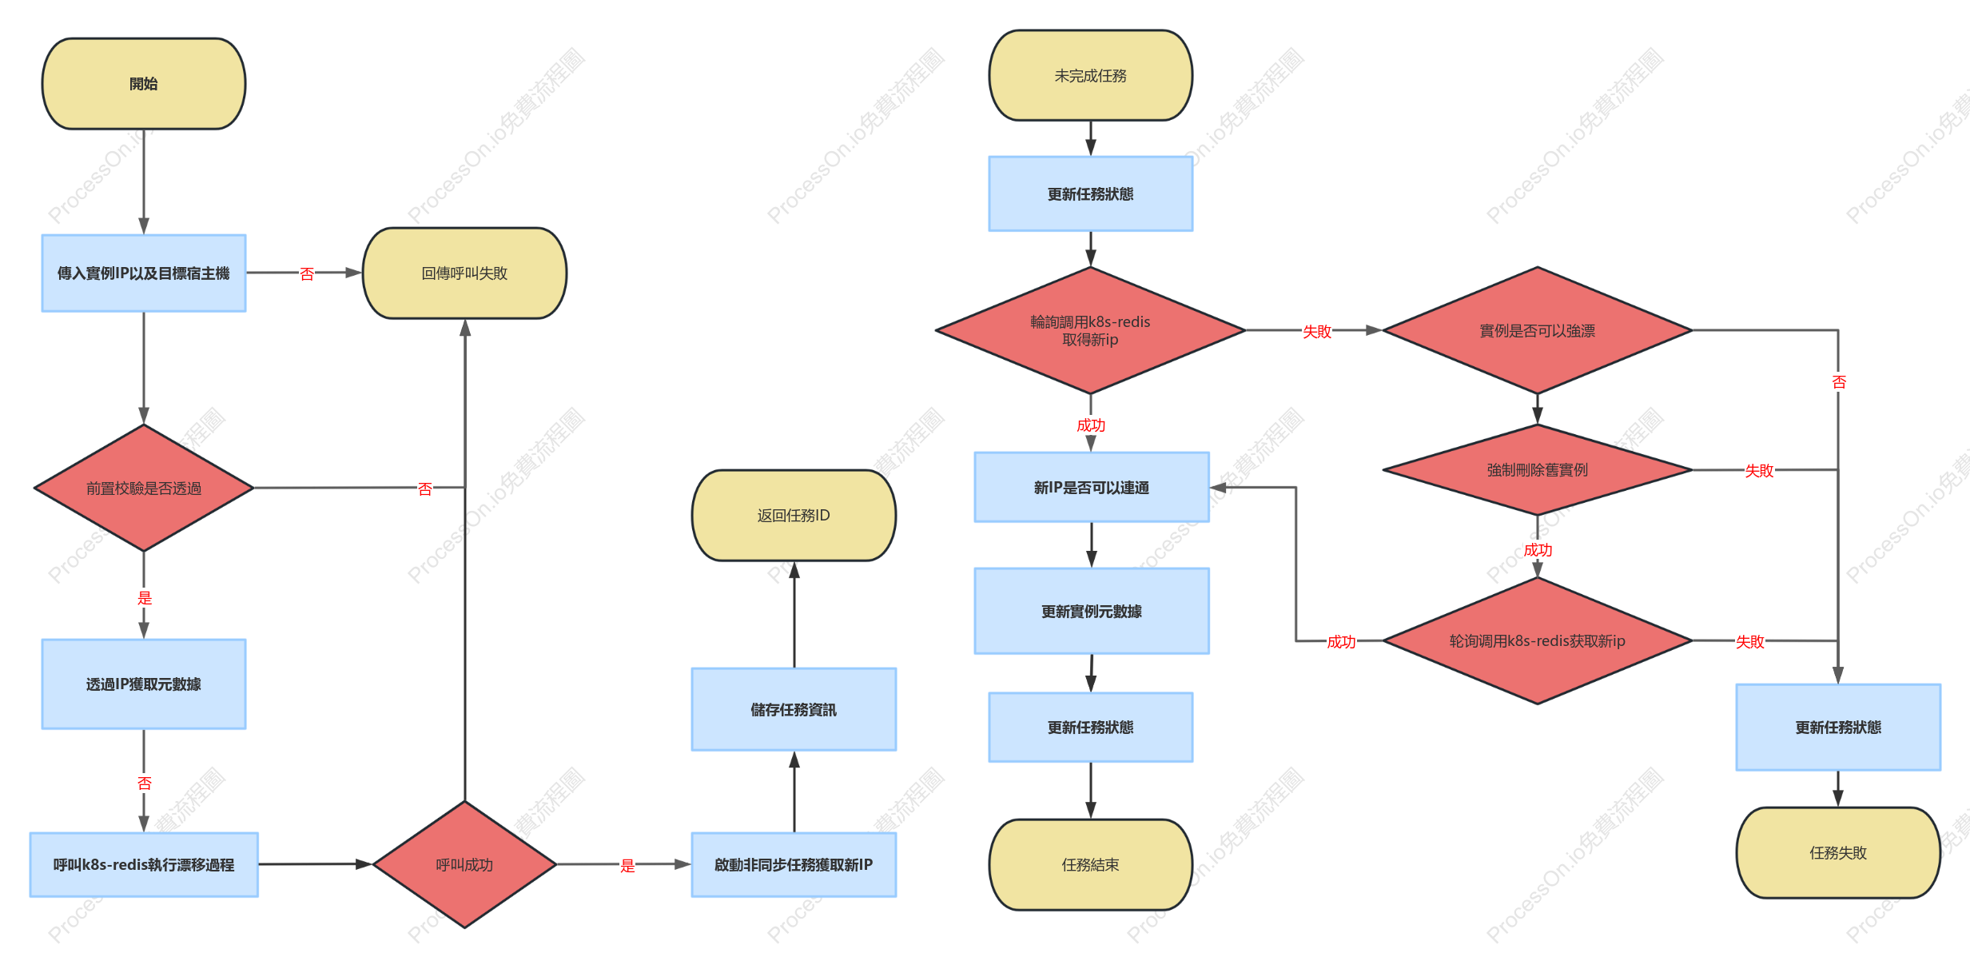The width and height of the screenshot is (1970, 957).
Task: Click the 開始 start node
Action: coord(144,84)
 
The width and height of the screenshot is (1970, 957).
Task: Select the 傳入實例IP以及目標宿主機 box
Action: coord(144,273)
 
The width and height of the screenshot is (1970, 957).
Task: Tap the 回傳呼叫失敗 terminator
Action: coord(464,273)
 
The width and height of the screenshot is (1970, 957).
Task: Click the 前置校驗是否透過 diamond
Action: coord(144,488)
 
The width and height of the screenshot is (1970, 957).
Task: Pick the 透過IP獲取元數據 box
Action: coord(144,684)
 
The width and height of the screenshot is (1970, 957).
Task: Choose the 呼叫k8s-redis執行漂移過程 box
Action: coord(144,865)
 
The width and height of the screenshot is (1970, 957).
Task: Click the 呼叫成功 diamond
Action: coord(464,865)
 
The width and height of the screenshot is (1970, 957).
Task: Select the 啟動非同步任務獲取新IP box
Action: coord(794,865)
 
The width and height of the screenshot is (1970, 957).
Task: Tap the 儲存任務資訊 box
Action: coord(794,710)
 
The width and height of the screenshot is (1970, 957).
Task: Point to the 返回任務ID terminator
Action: coord(794,516)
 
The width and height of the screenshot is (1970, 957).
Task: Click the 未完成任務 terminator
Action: coord(1091,76)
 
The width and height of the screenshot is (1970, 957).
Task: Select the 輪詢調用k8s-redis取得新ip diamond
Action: coord(1091,330)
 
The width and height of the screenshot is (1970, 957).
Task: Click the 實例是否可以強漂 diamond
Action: coord(1538,330)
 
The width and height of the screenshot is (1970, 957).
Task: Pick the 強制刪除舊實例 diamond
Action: coord(1538,470)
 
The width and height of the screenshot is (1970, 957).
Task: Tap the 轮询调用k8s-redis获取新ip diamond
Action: coord(1538,641)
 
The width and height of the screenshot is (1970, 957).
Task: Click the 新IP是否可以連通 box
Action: coord(1092,488)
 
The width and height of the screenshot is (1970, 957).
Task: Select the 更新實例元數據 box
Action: coord(1092,612)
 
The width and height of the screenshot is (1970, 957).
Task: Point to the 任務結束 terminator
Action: coord(1091,865)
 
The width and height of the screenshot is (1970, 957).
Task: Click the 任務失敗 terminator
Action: coord(1838,853)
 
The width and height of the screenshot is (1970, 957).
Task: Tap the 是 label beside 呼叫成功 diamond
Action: coord(628,866)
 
